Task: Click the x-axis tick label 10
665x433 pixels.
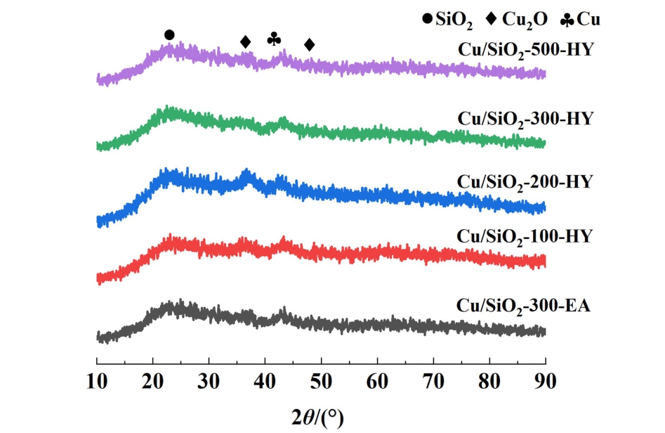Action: (x=96, y=383)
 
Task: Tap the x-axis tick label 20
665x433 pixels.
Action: (x=152, y=383)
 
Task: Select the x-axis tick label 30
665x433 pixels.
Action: (x=209, y=383)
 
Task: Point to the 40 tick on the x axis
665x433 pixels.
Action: (x=265, y=383)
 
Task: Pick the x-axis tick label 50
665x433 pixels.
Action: (x=321, y=383)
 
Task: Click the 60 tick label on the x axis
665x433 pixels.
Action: (x=377, y=383)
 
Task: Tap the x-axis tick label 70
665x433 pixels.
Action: (x=433, y=383)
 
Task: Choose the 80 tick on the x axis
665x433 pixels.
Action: (x=489, y=383)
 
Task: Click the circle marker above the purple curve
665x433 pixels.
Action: (x=169, y=35)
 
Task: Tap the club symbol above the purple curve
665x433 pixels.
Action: (x=274, y=39)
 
